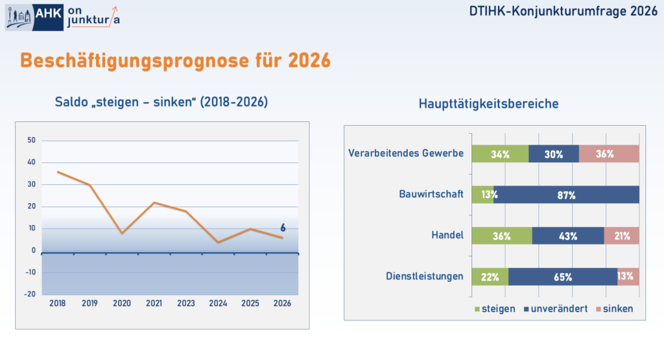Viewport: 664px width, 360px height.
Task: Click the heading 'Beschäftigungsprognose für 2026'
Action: coord(175,60)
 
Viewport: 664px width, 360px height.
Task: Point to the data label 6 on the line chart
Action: coord(283,228)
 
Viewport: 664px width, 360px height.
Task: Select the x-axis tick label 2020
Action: coord(121,303)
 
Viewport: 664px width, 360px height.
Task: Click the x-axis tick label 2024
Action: coord(218,303)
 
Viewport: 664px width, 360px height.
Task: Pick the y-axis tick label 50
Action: coord(31,141)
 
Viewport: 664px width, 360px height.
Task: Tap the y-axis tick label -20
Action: coord(30,294)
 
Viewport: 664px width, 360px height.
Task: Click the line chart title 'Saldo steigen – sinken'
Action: coord(161,102)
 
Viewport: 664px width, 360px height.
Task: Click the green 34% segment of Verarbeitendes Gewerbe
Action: coord(500,154)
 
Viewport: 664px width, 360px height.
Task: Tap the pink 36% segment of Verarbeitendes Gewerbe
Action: coord(609,154)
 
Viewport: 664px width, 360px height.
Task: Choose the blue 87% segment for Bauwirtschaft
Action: coord(566,195)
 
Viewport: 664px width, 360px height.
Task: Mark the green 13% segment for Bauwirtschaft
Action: coord(483,195)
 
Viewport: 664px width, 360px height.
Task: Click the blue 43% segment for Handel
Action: coord(568,235)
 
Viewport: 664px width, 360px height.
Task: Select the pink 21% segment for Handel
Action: coord(621,235)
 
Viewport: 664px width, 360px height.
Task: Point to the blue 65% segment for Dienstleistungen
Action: coord(563,276)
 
